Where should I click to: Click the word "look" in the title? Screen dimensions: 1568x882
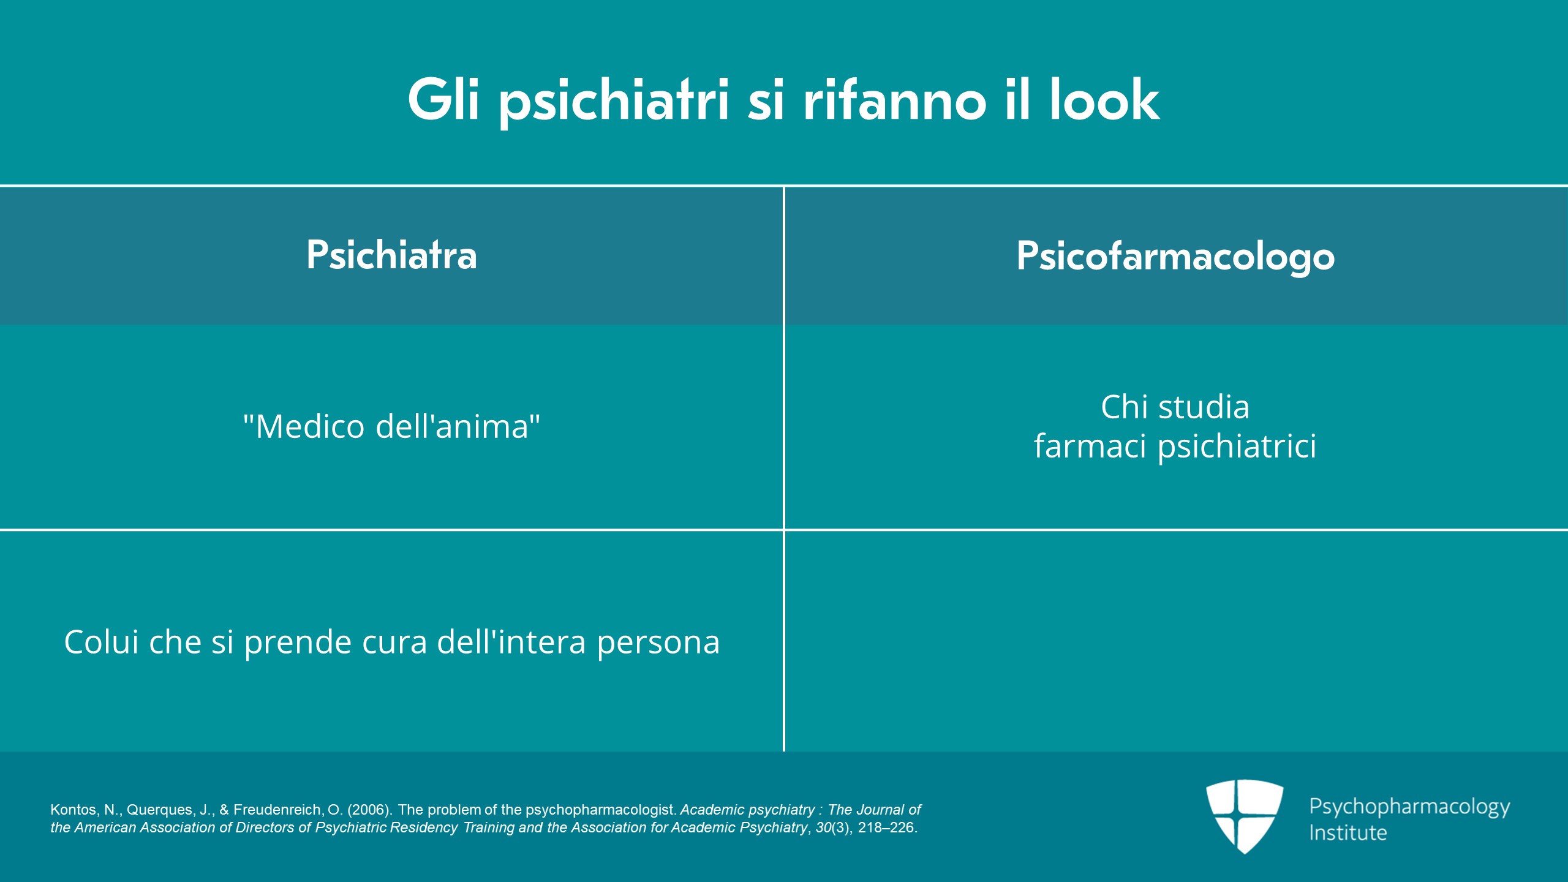pos(1104,99)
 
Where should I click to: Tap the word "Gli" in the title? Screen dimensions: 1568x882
pos(443,99)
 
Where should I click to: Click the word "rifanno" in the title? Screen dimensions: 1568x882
pos(894,99)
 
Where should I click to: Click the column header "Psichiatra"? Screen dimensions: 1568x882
pos(391,255)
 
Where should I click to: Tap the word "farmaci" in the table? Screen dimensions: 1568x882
pos(1090,445)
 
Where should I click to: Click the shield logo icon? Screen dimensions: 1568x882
pos(1245,816)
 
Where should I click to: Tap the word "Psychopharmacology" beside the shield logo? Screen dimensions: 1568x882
pos(1409,807)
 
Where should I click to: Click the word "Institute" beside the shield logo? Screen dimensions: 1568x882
pos(1348,832)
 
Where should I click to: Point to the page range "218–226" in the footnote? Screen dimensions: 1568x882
pos(886,827)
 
